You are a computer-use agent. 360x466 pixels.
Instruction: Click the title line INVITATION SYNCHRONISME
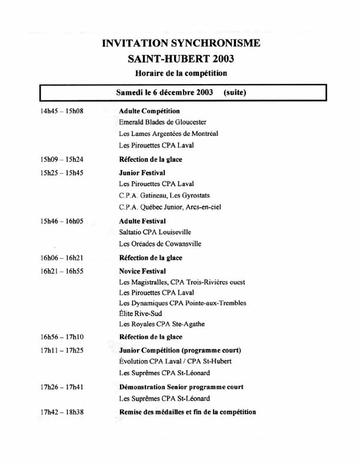tap(181, 43)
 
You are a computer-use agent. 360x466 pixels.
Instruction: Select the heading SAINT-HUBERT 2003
tap(181, 58)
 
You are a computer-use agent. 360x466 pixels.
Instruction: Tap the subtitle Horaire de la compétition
tap(181, 73)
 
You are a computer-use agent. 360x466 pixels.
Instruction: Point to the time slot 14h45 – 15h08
tap(61, 111)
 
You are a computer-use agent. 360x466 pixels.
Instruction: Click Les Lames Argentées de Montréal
tap(168, 134)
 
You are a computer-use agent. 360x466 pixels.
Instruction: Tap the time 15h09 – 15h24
tap(61, 159)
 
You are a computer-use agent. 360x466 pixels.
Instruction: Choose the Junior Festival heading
tap(142, 173)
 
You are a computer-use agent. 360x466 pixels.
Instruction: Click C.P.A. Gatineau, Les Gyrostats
tap(164, 195)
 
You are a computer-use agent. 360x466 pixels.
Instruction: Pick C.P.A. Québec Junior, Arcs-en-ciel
tap(170, 207)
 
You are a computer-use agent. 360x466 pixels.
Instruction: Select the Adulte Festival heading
tap(142, 221)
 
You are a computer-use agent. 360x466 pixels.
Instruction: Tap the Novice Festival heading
tap(143, 271)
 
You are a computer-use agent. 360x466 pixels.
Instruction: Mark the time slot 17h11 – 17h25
tap(61, 351)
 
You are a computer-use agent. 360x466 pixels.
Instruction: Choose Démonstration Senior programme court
tap(181, 387)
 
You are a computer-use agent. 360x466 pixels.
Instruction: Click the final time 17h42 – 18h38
tap(61, 412)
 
